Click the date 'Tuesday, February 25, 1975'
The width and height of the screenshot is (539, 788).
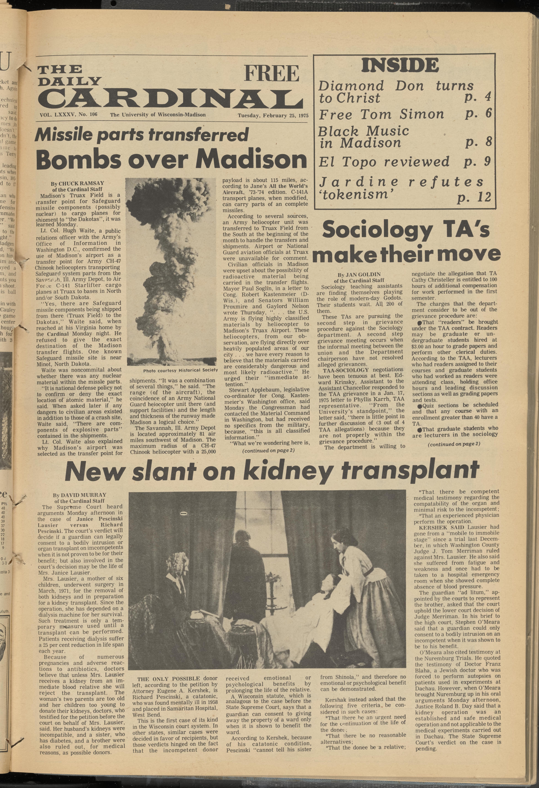point(273,115)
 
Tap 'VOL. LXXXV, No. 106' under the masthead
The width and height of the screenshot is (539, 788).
point(68,115)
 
